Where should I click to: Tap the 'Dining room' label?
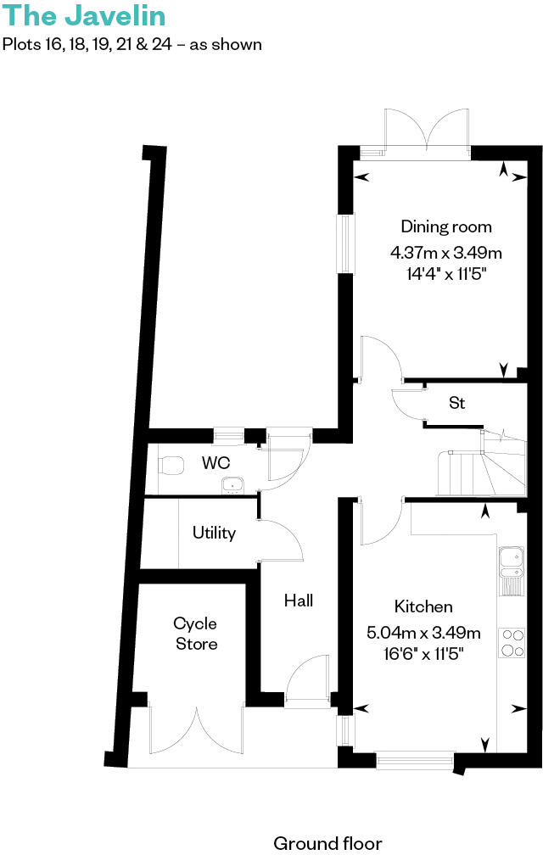pos(446,226)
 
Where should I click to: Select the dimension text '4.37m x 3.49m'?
pos(446,252)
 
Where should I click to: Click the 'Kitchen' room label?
pos(423,606)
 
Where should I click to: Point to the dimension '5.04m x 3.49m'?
pos(423,632)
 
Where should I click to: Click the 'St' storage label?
pos(456,403)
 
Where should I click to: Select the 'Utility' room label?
pos(214,534)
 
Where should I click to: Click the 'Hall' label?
pos(299,601)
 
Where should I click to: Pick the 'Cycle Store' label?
pos(196,634)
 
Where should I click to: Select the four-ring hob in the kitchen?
pos(512,641)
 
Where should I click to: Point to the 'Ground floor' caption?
pos(327,843)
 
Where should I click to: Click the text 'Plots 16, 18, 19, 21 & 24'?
pos(92,44)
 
